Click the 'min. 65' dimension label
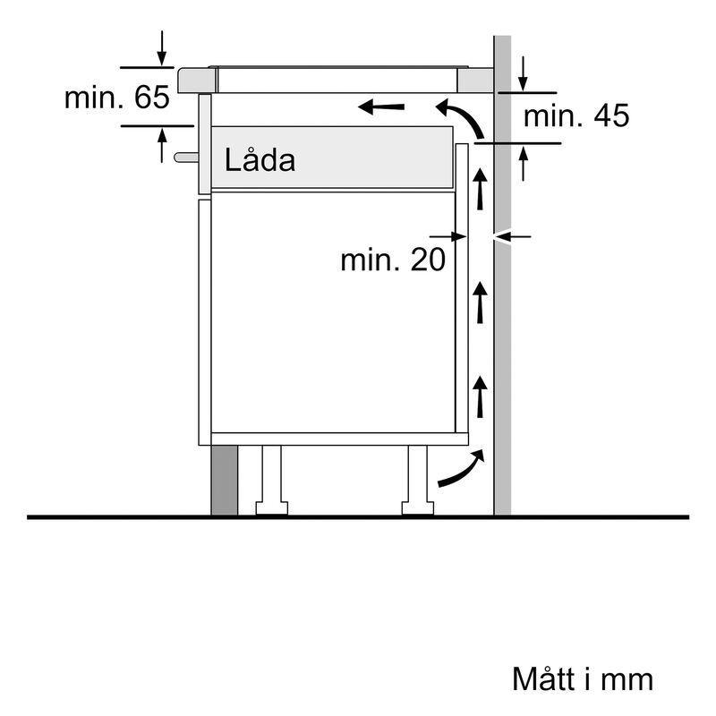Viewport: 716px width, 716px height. point(116,98)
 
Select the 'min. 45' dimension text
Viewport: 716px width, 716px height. point(576,115)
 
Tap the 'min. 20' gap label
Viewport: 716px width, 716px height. point(392,260)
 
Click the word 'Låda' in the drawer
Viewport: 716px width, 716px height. point(260,161)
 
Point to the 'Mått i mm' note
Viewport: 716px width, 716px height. point(582,678)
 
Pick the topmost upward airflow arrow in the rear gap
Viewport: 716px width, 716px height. point(481,189)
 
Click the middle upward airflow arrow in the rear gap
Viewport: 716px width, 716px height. point(481,302)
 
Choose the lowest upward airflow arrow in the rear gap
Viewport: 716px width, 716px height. point(481,396)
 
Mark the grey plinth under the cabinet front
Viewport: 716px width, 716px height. point(224,481)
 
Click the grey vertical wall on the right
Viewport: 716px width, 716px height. point(502,358)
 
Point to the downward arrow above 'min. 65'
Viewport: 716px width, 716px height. point(161,48)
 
